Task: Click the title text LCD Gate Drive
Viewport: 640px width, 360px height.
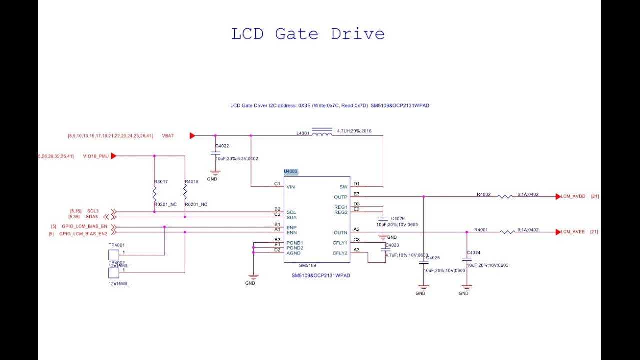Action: (x=308, y=34)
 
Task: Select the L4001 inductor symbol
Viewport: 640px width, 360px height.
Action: (x=322, y=133)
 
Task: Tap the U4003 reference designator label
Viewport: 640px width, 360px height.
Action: (x=291, y=171)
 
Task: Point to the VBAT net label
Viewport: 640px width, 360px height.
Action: (x=168, y=136)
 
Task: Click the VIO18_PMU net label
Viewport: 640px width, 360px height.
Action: (x=96, y=156)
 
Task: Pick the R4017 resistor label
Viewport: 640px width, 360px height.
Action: (x=161, y=182)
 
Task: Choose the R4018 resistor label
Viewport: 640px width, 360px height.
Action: (x=192, y=182)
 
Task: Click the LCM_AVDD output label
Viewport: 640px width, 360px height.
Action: (x=573, y=196)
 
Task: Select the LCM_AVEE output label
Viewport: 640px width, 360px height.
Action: (x=573, y=232)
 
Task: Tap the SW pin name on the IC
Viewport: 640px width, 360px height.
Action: (x=343, y=187)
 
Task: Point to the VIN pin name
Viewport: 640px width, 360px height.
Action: (x=291, y=187)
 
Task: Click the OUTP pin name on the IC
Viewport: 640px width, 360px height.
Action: (x=340, y=197)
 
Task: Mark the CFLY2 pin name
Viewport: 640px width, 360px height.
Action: (x=340, y=253)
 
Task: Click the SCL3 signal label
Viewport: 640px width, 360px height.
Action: (x=93, y=211)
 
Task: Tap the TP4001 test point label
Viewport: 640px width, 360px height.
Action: (x=117, y=245)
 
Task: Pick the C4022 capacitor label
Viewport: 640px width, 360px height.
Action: (x=222, y=146)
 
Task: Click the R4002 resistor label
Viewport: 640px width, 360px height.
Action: (x=483, y=194)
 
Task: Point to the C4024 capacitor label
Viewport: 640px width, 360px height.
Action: (x=473, y=253)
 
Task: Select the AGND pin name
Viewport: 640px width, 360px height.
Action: (x=293, y=253)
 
